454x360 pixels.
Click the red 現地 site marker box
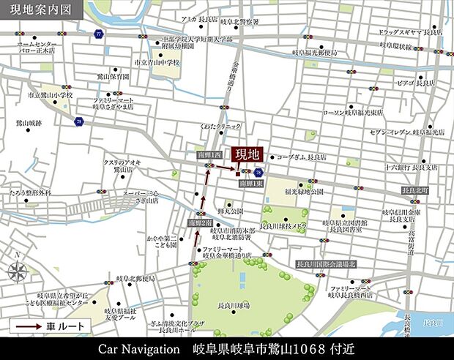click(x=248, y=155)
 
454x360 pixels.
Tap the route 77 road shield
click(x=99, y=34)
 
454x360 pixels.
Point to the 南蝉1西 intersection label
click(x=210, y=155)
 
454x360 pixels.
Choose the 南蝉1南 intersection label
click(x=199, y=222)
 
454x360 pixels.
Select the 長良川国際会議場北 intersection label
click(x=326, y=264)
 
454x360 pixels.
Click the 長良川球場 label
click(x=234, y=304)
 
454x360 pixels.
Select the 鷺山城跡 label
click(x=27, y=124)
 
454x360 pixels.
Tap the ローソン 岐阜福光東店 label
click(x=352, y=113)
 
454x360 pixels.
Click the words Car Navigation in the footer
click(x=139, y=348)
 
